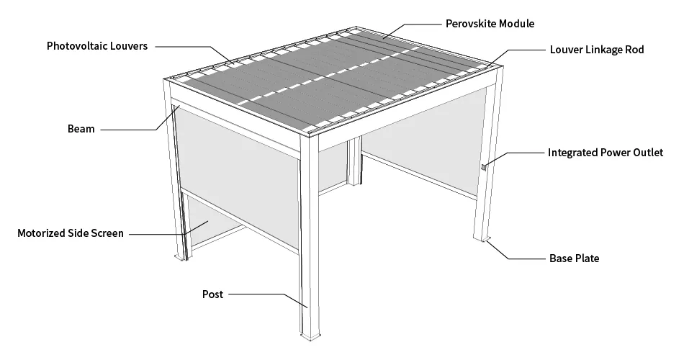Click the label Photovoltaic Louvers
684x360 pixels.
click(97, 46)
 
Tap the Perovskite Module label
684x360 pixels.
click(490, 24)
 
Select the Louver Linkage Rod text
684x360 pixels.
click(597, 49)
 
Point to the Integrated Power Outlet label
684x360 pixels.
click(606, 153)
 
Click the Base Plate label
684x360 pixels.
click(574, 258)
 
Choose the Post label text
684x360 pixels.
click(212, 294)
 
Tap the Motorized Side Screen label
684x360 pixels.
click(71, 233)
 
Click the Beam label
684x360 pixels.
click(81, 129)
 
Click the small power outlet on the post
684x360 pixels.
click(484, 167)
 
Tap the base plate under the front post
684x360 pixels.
click(310, 336)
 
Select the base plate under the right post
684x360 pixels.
click(482, 239)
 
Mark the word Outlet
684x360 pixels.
click(649, 153)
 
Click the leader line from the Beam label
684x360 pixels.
click(139, 124)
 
